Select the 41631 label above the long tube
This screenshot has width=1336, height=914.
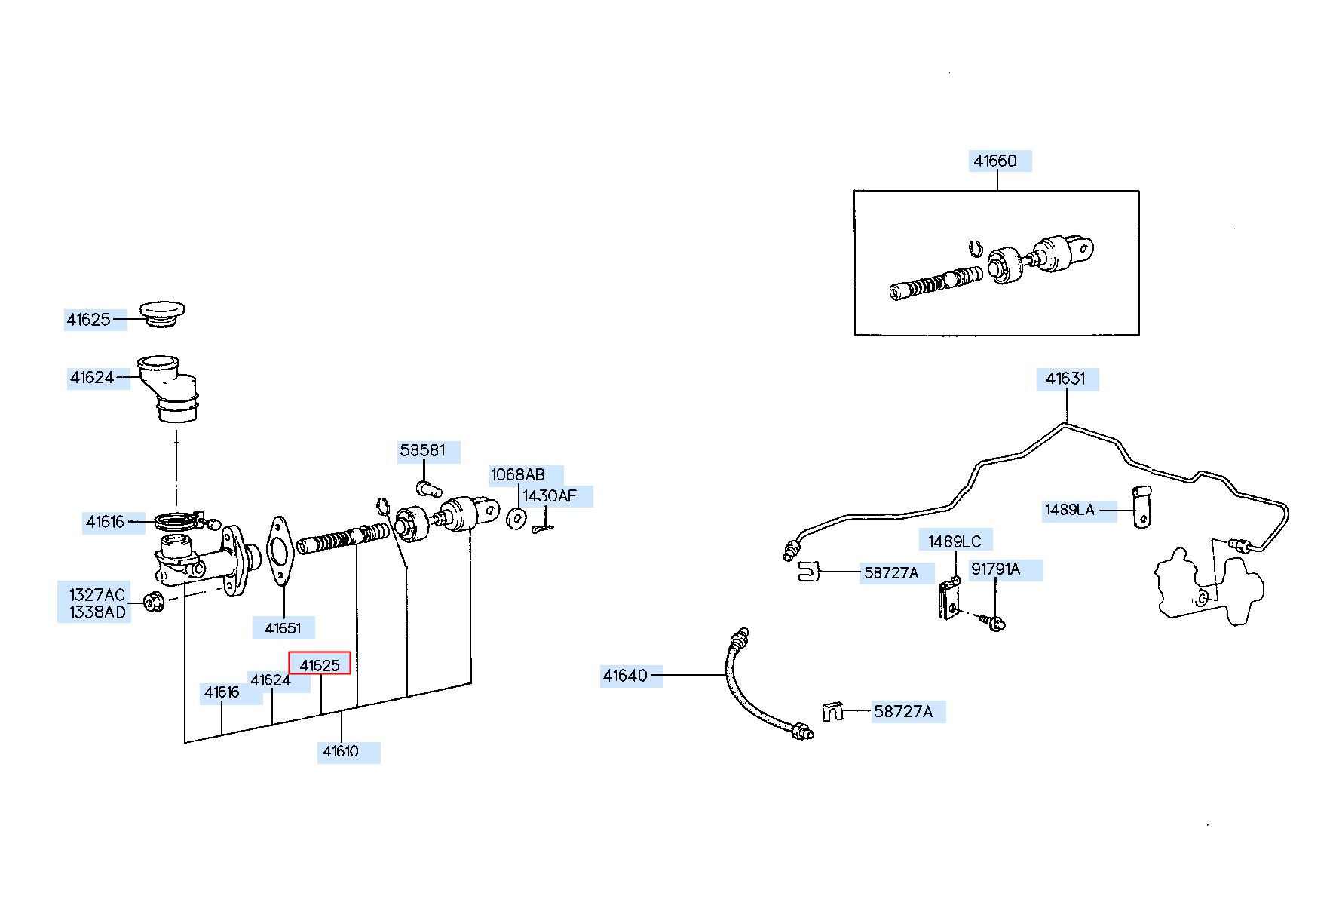[1066, 379]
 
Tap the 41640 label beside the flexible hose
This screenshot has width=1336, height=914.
[625, 676]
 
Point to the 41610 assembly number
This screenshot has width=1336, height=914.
[341, 751]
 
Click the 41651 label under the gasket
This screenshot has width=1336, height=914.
[283, 627]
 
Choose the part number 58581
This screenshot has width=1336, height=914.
[423, 451]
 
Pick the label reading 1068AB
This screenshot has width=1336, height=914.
[518, 475]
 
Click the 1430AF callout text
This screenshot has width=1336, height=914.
[550, 496]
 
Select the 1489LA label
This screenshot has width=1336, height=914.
[1070, 510]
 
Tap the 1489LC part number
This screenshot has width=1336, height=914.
[955, 541]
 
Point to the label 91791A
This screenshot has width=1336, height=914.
[995, 569]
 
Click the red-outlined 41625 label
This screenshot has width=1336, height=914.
[320, 664]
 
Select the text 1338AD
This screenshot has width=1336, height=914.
[97, 612]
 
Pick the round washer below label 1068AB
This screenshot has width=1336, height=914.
[517, 519]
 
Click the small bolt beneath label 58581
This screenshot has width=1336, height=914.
[427, 487]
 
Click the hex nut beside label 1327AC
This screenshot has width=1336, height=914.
[154, 603]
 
